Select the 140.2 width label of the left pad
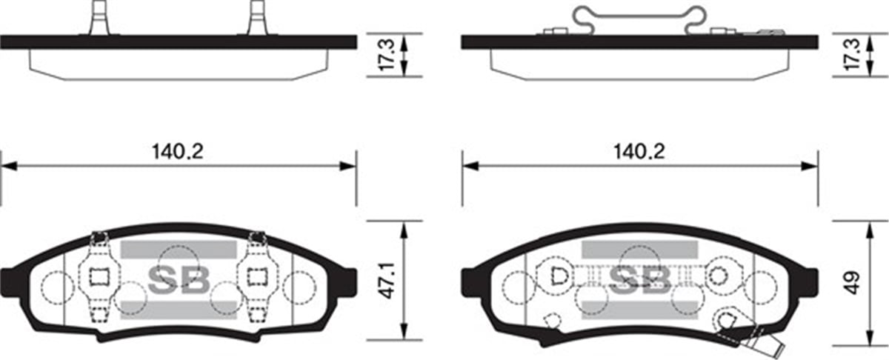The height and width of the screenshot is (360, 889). click(178, 152)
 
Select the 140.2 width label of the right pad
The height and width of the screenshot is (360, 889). click(639, 152)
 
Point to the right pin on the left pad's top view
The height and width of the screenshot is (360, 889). click(257, 17)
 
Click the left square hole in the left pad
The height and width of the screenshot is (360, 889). click(100, 276)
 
